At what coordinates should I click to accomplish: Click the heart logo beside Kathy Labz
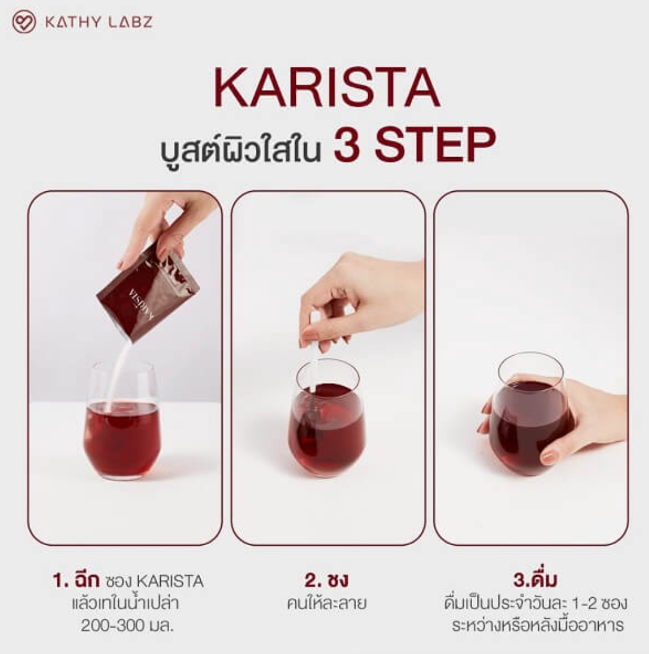click(24, 23)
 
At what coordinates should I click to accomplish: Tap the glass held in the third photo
click(529, 418)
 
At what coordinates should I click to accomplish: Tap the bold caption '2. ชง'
click(326, 580)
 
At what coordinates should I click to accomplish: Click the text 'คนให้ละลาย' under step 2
click(326, 603)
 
